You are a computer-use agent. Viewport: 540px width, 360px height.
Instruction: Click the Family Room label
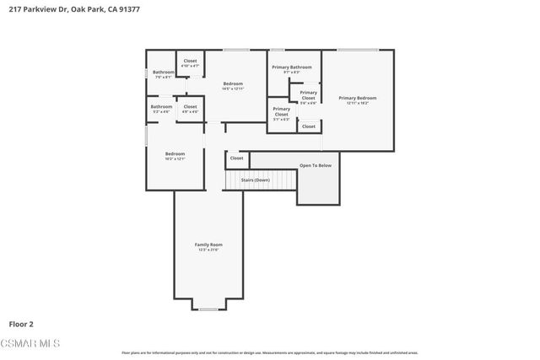coord(208,247)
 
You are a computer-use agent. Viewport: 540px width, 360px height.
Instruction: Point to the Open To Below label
coord(316,165)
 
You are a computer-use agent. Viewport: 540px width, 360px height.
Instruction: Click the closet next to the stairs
coord(236,158)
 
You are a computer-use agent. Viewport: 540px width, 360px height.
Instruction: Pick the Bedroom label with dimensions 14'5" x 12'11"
coord(233,86)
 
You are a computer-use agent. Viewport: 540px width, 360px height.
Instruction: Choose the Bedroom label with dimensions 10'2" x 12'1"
coord(175,155)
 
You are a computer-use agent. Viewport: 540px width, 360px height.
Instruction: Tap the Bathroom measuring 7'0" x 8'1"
coord(164,74)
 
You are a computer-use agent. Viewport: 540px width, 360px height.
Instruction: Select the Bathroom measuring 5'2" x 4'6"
coord(161,109)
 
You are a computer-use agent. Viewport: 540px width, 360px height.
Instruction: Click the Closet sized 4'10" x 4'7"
coord(190,63)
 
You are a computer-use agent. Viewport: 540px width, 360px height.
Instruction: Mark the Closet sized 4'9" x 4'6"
coord(190,109)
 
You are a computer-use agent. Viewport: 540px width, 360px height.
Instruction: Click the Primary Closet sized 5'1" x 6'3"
coord(281,113)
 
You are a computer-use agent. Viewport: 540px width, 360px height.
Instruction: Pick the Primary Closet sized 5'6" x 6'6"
coord(309,97)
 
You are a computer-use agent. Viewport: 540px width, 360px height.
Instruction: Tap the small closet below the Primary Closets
coord(309,126)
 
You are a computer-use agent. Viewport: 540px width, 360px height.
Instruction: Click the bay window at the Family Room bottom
coord(208,309)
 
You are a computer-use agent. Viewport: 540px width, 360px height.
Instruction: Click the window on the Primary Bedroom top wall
coord(358,51)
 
